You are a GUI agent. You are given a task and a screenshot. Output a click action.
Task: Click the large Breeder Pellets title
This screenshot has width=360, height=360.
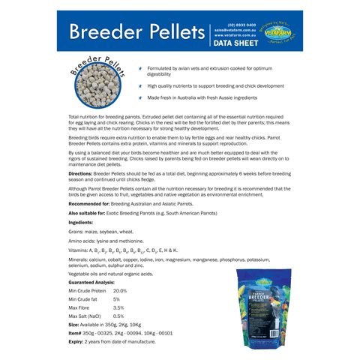(x=136, y=33)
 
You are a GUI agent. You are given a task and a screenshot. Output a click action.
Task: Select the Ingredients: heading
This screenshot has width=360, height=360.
(x=80, y=223)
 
